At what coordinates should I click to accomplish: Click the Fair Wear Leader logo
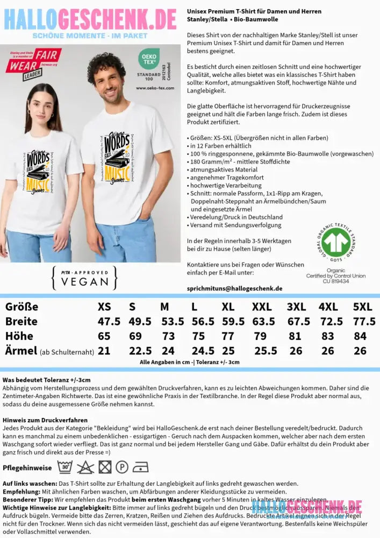pyautogui.click(x=33, y=63)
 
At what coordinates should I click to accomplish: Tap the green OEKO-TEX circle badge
pyautogui.click(x=148, y=59)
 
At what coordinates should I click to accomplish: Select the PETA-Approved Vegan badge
pyautogui.click(x=84, y=278)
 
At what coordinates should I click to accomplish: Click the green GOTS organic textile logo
pyautogui.click(x=336, y=243)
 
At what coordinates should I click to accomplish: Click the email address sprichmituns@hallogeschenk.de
pyautogui.click(x=234, y=288)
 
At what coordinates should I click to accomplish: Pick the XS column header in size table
pyautogui.click(x=104, y=307)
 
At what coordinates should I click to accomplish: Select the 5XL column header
pyautogui.click(x=362, y=307)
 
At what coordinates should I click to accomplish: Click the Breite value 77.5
pyautogui.click(x=364, y=321)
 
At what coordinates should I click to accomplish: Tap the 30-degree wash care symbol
pyautogui.click(x=64, y=466)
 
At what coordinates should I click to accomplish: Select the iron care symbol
pyautogui.click(x=140, y=466)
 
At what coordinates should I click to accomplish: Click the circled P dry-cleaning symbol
pyautogui.click(x=122, y=466)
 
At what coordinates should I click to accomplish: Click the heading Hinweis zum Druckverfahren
pyautogui.click(x=45, y=420)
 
